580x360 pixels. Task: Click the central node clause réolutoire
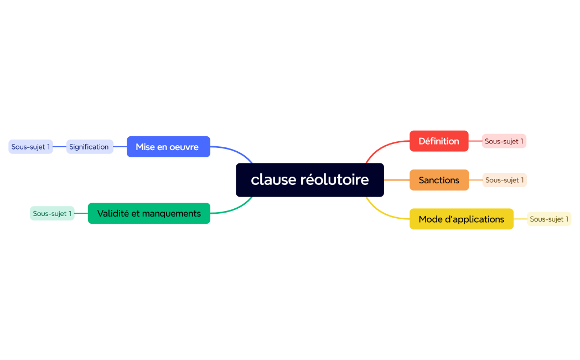tap(310, 180)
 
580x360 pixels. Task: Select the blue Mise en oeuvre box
tap(168, 147)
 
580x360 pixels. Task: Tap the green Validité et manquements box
tap(149, 213)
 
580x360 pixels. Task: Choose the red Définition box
tap(439, 141)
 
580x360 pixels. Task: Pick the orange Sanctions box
tap(439, 180)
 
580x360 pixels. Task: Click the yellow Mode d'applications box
tap(461, 219)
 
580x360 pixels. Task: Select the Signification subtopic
tap(90, 147)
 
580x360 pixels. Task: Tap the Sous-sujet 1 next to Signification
tap(30, 147)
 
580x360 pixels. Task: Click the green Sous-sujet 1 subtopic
tap(52, 213)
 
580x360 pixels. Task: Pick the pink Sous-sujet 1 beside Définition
tap(504, 141)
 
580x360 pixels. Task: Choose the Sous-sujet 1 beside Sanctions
tap(504, 180)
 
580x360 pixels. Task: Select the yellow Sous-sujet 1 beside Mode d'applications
tap(549, 219)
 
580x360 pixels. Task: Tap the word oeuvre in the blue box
tap(184, 147)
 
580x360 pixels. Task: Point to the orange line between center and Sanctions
tap(396, 180)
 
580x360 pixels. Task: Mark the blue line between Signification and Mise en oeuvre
tap(120, 147)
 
